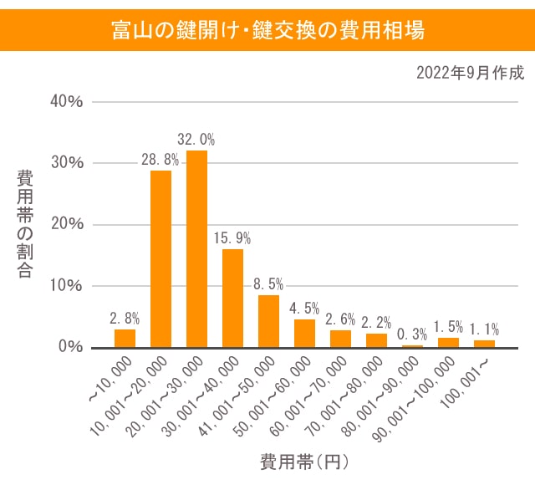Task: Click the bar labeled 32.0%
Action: [196, 248]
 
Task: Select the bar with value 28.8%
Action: [160, 258]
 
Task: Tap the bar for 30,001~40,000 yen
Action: [232, 298]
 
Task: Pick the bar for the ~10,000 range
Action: [125, 338]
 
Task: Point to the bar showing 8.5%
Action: [268, 321]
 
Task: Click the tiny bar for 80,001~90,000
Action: [413, 345]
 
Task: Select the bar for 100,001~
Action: [485, 343]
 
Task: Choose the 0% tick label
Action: [69, 346]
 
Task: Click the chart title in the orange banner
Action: [267, 31]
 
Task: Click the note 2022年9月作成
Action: [471, 73]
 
